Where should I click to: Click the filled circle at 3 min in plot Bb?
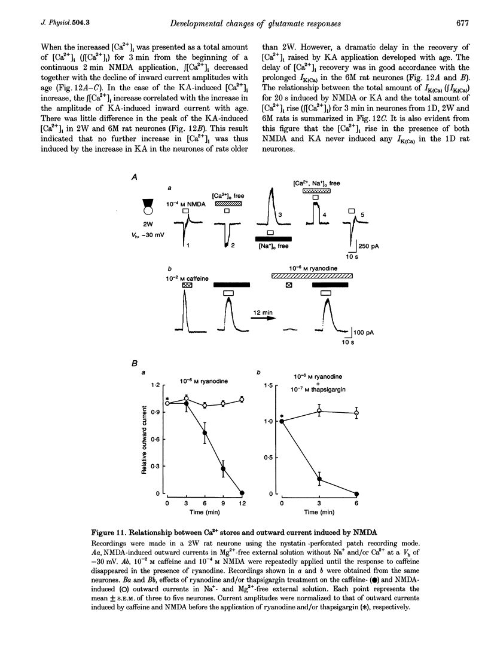(x=319, y=479)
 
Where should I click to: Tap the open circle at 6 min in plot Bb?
(x=357, y=413)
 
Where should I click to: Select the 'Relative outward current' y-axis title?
(x=145, y=439)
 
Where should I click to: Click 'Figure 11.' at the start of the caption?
(x=164, y=533)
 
